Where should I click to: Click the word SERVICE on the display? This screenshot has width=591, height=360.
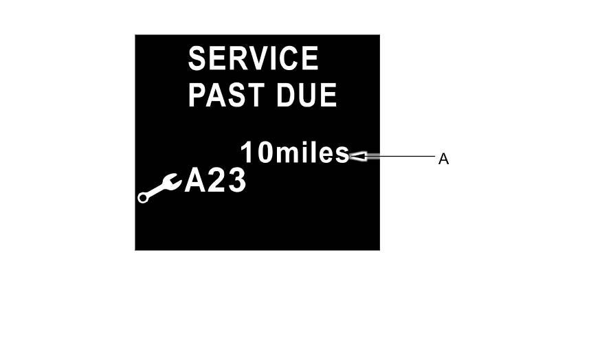[x=253, y=59]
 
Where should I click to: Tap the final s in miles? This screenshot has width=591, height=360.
[x=342, y=155]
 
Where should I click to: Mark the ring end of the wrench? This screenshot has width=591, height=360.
[x=143, y=198]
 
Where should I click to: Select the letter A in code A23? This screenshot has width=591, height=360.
[x=196, y=182]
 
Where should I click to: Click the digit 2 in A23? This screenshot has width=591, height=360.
[x=216, y=182]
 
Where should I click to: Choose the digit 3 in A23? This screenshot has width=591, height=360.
[x=236, y=182]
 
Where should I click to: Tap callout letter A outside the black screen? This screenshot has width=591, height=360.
[x=443, y=159]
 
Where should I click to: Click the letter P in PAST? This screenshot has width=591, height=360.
[x=197, y=95]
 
